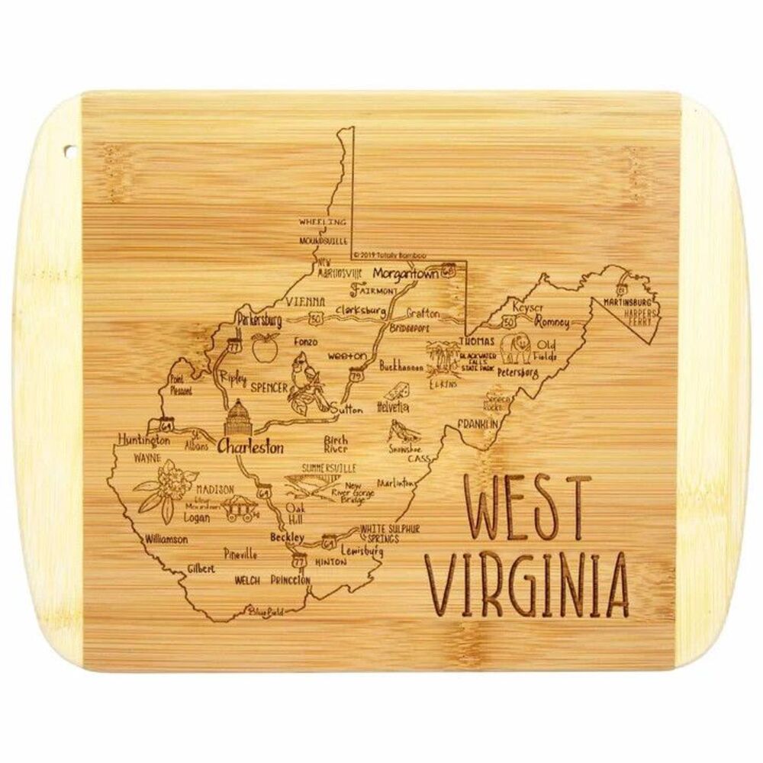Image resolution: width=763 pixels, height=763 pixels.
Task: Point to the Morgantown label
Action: (405, 274)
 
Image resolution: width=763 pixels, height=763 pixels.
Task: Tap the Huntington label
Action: (143, 440)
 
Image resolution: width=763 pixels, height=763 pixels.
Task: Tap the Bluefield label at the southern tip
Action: (258, 610)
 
